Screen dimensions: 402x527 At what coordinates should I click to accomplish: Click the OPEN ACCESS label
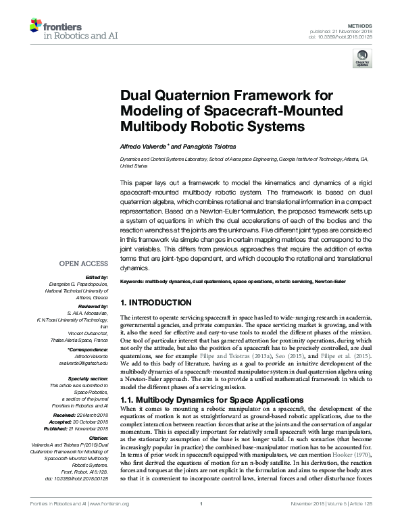pyautogui.click(x=82, y=263)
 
